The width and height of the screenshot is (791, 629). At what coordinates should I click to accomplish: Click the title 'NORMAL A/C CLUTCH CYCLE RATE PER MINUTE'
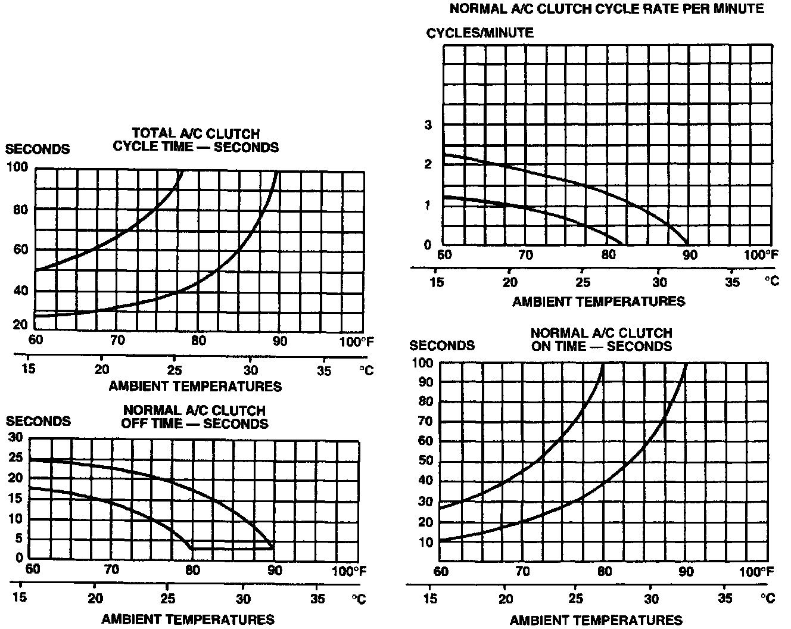point(606,8)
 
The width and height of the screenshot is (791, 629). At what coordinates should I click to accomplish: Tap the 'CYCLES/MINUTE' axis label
point(479,33)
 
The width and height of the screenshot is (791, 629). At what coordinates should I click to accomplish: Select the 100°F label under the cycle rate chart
point(761,255)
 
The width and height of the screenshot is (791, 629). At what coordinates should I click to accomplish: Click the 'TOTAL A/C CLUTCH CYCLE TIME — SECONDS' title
point(195,140)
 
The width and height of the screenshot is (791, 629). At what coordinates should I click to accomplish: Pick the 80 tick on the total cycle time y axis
point(21,210)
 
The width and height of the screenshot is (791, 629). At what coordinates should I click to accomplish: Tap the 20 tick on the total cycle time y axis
point(21,325)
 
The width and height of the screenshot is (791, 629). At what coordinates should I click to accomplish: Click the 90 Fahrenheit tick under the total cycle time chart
point(279,341)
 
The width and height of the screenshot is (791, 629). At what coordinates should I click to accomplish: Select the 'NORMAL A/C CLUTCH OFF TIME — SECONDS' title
point(194,417)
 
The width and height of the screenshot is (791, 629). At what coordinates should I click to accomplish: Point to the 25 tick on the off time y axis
point(15,458)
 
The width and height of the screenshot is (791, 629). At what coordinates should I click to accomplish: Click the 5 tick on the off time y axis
point(19,538)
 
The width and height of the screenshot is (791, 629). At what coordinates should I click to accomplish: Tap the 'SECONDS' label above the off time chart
point(38,421)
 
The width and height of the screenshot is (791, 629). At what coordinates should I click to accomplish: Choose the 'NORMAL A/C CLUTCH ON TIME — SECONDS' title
point(601,340)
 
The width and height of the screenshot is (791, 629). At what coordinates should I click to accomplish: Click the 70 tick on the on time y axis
point(425,422)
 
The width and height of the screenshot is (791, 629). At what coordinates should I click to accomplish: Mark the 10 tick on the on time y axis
point(425,543)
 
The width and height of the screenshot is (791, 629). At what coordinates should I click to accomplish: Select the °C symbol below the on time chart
point(770,598)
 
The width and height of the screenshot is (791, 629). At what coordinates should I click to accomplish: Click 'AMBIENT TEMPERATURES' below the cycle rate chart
point(599,301)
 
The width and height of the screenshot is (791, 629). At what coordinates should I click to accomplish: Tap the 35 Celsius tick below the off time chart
point(318,597)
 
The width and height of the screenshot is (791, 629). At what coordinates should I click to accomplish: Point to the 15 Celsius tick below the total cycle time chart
point(28,369)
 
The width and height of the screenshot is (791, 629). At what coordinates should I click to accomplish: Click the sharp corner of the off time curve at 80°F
point(191,547)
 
